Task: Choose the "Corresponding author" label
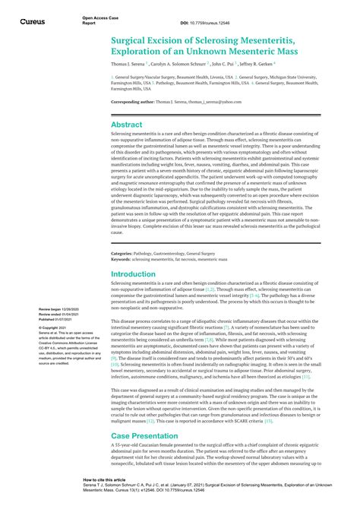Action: point(136,101)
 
